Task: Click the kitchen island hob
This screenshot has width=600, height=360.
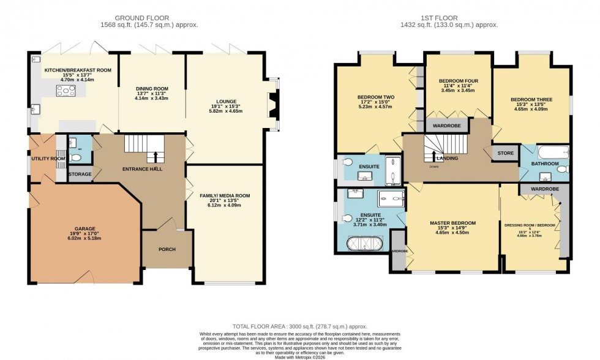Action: pos(66,92)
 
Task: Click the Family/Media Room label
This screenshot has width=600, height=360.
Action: pos(225,196)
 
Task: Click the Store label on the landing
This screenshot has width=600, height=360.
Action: pos(505,154)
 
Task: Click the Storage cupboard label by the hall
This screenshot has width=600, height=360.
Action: pos(80,174)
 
